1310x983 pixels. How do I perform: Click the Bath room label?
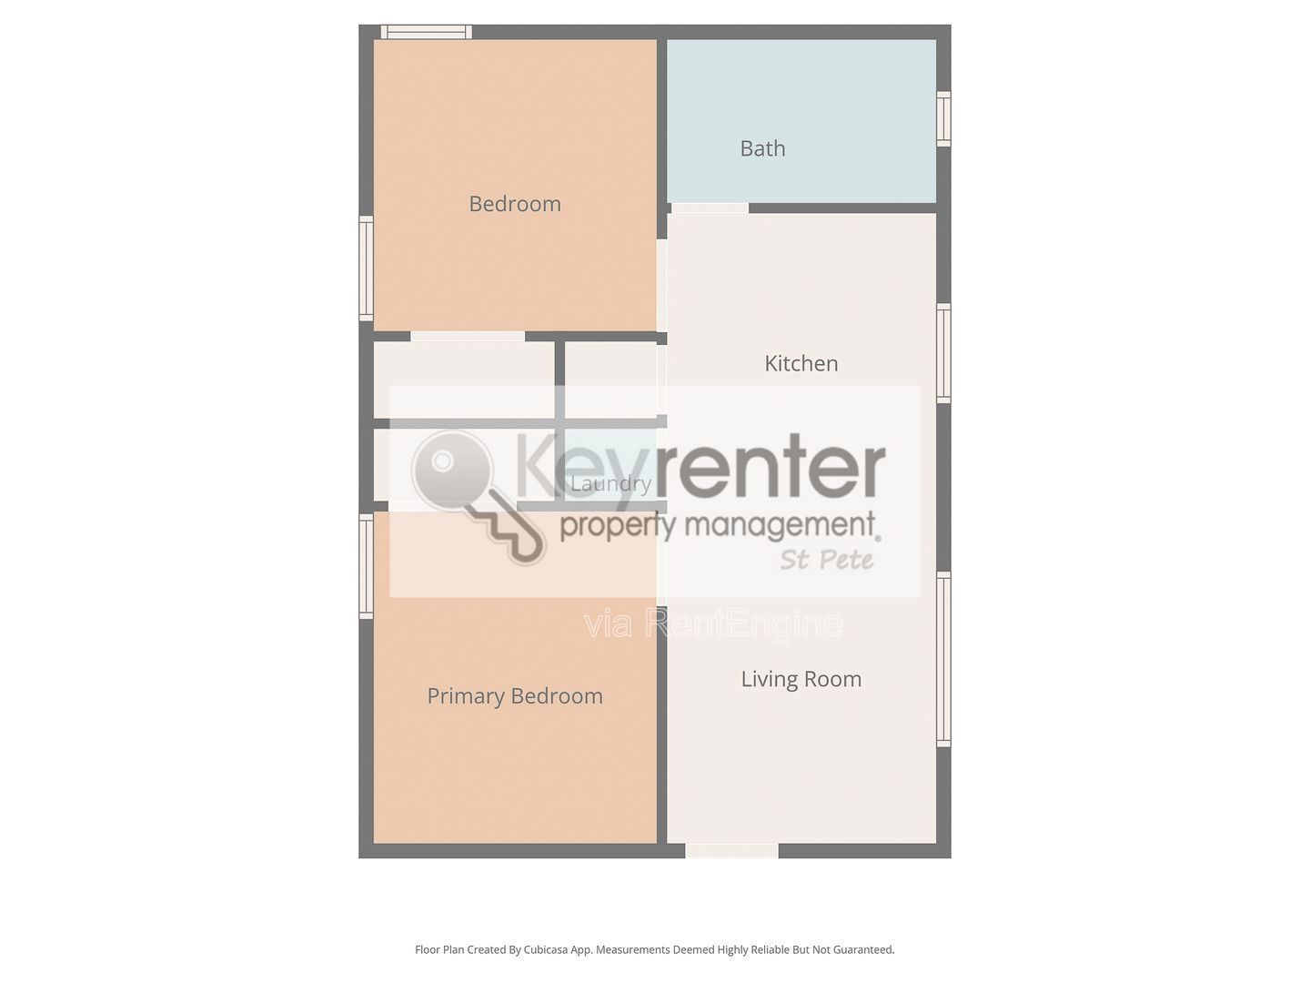[762, 148]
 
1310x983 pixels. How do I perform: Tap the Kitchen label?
[801, 363]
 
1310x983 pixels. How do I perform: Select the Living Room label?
[801, 679]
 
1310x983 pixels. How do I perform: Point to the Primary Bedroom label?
[515, 696]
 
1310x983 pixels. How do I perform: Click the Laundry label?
[610, 482]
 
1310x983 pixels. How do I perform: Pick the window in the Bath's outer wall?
[943, 118]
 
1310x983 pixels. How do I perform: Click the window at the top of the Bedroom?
[426, 32]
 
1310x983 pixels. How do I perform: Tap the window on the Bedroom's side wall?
[366, 269]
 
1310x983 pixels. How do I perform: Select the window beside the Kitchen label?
[943, 353]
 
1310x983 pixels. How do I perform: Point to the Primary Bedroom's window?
[366, 566]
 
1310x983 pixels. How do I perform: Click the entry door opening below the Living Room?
[731, 850]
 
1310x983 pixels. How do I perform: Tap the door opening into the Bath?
[710, 208]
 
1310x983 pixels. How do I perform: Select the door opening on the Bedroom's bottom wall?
[468, 337]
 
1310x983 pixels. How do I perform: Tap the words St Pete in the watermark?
[827, 560]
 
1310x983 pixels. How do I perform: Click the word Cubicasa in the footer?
[546, 949]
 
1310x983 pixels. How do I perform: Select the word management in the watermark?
[780, 524]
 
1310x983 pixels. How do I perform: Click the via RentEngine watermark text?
[714, 624]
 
